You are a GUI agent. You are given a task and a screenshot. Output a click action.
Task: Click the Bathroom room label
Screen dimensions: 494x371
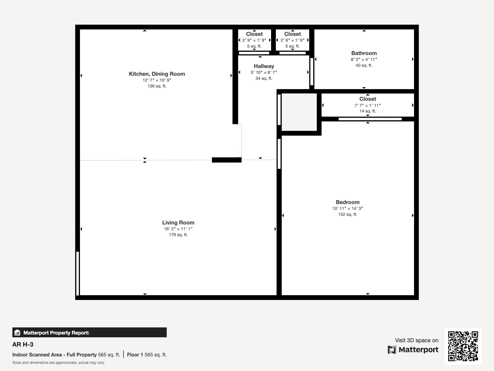click(x=364, y=53)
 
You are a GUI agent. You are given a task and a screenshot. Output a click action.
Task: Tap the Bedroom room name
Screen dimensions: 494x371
click(x=347, y=202)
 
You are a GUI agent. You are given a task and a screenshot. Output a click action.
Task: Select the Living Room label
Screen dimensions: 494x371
click(x=178, y=223)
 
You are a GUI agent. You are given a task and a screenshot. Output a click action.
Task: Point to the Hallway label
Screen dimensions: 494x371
click(x=264, y=66)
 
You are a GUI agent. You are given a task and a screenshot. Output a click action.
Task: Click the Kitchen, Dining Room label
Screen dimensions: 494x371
click(x=157, y=74)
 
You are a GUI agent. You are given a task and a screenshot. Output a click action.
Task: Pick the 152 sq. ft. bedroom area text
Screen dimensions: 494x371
click(x=347, y=214)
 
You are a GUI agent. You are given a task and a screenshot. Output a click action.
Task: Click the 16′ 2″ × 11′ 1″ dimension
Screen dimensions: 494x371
click(x=178, y=229)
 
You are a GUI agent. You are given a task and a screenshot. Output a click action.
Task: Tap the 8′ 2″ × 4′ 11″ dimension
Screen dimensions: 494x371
click(x=364, y=59)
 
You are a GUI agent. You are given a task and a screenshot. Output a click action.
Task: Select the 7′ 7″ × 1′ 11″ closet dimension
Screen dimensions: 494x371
click(x=367, y=105)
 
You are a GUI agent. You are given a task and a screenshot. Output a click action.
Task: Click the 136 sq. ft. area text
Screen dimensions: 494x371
click(x=157, y=86)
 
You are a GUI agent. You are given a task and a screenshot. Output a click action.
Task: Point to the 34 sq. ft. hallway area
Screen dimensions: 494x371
click(x=264, y=79)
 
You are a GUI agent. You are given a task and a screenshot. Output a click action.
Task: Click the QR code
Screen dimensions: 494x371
click(x=463, y=346)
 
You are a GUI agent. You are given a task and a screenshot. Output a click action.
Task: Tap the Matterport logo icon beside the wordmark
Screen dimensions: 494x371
click(x=392, y=350)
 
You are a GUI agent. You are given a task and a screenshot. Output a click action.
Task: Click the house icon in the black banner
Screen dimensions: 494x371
click(x=17, y=332)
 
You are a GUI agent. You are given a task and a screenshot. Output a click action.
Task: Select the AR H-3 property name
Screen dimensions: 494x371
click(x=23, y=344)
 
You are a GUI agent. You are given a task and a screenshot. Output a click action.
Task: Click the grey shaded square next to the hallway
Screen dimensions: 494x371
click(x=299, y=112)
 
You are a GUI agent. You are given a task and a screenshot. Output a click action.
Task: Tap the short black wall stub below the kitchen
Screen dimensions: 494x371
click(x=227, y=160)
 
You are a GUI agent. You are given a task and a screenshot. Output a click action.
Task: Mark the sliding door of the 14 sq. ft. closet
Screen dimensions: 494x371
click(x=370, y=119)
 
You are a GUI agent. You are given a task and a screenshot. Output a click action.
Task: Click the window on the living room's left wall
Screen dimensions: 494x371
click(x=77, y=273)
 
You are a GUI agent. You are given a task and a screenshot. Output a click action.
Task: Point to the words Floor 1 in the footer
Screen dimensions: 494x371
click(x=135, y=355)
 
